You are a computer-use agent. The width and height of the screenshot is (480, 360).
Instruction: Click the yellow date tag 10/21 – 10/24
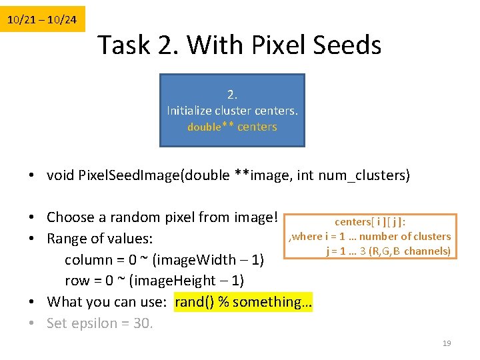[x=42, y=20]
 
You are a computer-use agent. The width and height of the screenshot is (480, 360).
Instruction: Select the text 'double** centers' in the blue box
[x=232, y=127]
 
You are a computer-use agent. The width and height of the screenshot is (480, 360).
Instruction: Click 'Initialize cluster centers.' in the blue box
[x=232, y=110]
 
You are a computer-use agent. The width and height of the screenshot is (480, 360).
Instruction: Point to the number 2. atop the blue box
[x=232, y=94]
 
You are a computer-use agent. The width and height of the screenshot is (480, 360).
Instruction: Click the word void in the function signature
[x=61, y=176]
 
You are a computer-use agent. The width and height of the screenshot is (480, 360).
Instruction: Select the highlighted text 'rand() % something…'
[x=243, y=302]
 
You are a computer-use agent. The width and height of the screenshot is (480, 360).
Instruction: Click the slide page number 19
[x=447, y=343]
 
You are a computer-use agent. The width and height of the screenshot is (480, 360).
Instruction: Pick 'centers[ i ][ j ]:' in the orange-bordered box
[x=371, y=222]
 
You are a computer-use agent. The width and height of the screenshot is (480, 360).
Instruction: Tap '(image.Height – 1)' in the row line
[x=187, y=281]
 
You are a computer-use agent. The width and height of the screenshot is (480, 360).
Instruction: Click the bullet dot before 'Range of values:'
[x=32, y=238]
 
